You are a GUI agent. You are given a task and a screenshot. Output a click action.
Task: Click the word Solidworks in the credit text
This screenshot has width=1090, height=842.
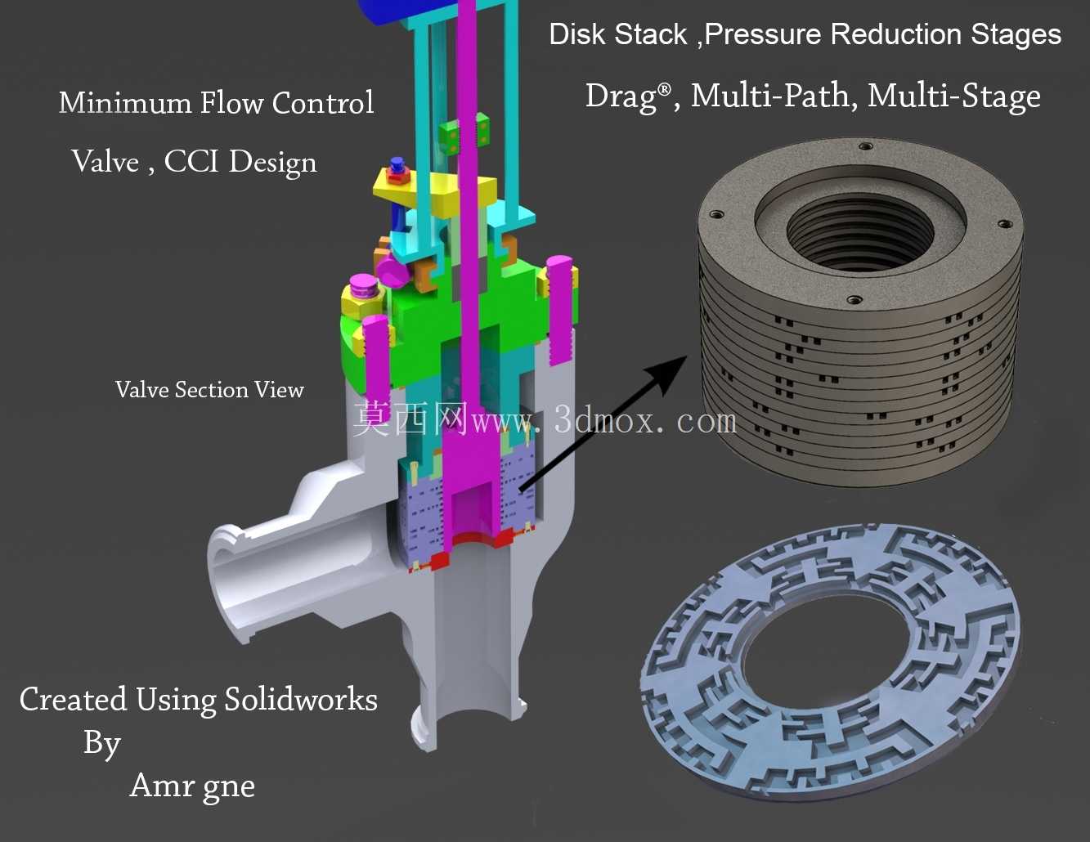[300, 699]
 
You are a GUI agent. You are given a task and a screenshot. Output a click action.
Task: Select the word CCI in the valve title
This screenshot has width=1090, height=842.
[191, 161]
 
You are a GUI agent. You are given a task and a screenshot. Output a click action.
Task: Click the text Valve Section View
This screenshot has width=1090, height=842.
[209, 390]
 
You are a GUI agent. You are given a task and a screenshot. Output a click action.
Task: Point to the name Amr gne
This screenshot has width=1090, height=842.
[192, 786]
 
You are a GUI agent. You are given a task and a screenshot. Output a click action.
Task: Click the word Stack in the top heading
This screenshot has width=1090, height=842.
[650, 34]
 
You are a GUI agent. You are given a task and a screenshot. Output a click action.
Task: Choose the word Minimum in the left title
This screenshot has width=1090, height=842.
[125, 102]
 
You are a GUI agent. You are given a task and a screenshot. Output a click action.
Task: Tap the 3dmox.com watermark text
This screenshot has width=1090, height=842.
[645, 420]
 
